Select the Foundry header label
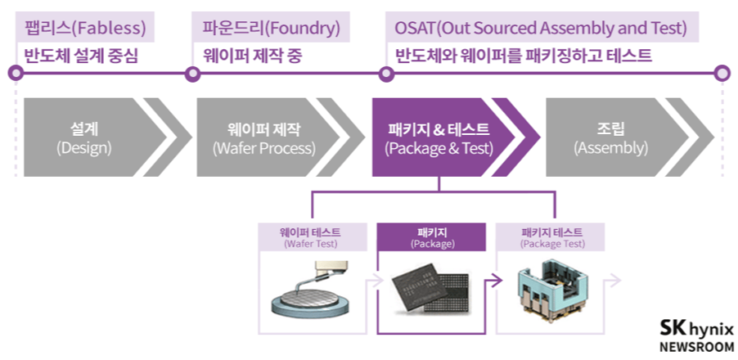(x=271, y=28)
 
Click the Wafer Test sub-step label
(x=310, y=237)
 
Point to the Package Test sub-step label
(x=553, y=237)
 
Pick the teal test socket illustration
(x=551, y=290)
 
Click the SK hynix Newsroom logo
(x=696, y=335)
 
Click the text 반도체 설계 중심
(x=82, y=56)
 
